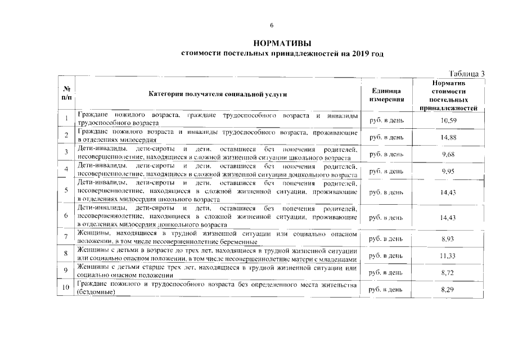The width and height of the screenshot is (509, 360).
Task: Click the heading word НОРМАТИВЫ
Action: click(x=282, y=43)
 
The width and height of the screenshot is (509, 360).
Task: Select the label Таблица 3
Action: click(x=467, y=74)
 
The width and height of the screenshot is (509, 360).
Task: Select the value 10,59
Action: click(x=448, y=120)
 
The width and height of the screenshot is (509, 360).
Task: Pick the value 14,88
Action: click(x=448, y=137)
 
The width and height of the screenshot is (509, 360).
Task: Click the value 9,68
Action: click(x=448, y=154)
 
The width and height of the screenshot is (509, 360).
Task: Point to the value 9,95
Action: click(x=448, y=170)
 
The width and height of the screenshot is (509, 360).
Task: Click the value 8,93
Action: click(x=448, y=239)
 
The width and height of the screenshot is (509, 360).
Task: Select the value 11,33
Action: click(x=448, y=256)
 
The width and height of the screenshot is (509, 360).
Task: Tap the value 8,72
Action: click(x=448, y=272)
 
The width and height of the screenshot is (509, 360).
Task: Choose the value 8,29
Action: click(x=448, y=289)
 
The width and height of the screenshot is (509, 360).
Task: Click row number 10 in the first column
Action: click(x=66, y=289)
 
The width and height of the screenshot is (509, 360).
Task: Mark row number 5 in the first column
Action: click(x=66, y=191)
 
